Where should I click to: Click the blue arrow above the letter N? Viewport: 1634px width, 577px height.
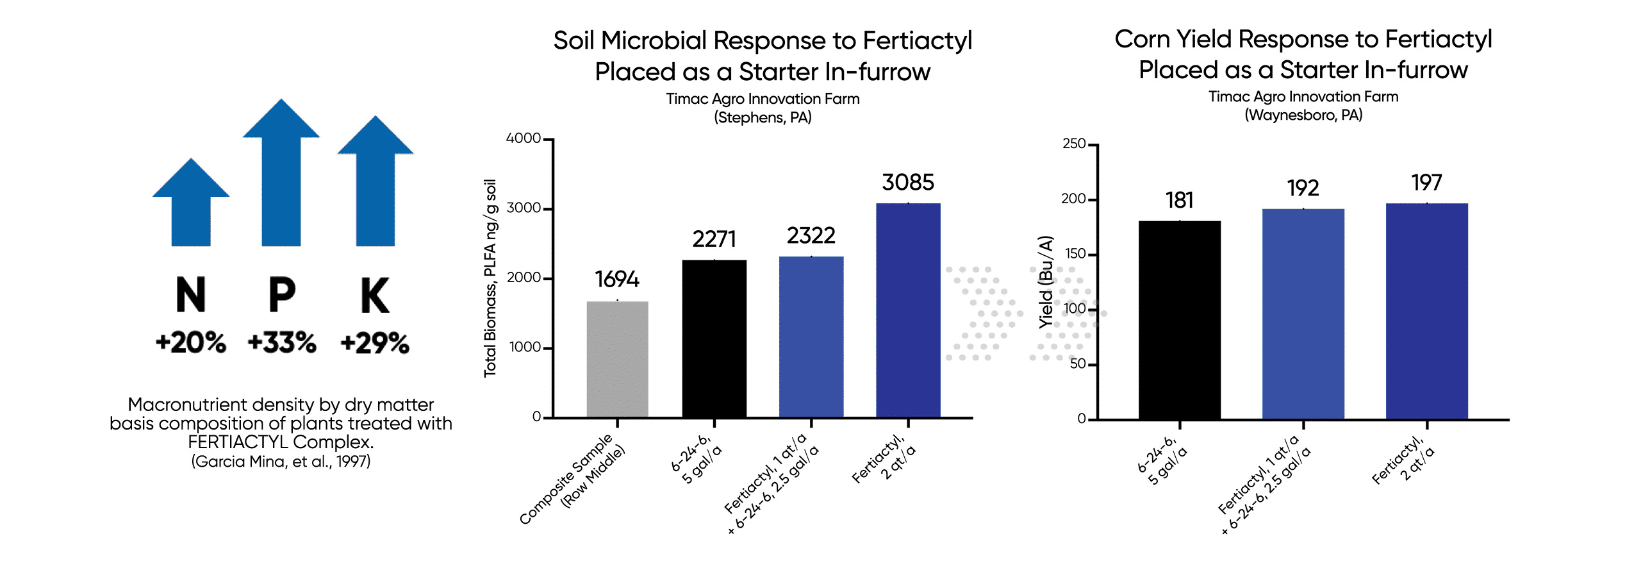(191, 205)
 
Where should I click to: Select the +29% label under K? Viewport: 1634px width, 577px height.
(375, 343)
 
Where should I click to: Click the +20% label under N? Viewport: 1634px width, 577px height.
(190, 342)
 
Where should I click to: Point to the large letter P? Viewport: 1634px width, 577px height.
(282, 295)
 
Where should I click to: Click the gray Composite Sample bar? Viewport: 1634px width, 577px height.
(617, 359)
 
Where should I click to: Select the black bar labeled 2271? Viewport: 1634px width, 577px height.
(714, 339)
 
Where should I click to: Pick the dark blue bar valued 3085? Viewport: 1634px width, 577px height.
(908, 310)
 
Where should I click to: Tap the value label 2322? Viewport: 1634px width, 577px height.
(811, 236)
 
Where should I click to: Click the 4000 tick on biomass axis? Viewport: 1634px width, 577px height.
(524, 138)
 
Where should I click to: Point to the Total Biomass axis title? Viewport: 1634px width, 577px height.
(490, 278)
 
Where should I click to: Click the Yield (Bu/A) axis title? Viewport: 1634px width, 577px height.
(1046, 282)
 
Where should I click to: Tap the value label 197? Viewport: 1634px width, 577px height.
(1426, 183)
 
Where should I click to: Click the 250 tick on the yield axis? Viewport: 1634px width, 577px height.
(1074, 144)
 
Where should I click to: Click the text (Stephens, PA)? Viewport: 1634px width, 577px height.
(763, 117)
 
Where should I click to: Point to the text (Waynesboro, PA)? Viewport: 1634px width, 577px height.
(1303, 115)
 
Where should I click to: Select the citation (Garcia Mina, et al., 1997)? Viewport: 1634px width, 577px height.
(281, 462)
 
